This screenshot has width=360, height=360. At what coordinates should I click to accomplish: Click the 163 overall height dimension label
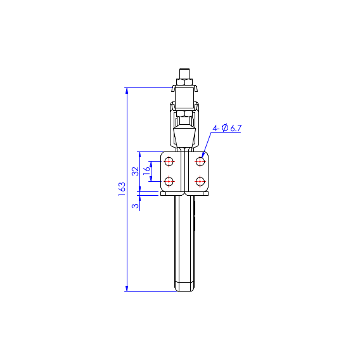tap(122, 189)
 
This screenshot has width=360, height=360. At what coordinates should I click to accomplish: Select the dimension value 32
tap(136, 171)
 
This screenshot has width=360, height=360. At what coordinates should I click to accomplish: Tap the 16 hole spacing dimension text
tap(146, 171)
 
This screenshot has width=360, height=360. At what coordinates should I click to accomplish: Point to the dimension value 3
tap(136, 205)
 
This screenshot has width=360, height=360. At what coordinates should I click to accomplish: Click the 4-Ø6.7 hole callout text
tap(227, 128)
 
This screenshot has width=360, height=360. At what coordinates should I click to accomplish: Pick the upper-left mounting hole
tap(169, 162)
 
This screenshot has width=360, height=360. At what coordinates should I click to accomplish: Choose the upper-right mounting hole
tap(200, 162)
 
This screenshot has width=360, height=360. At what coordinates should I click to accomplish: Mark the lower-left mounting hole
tap(169, 182)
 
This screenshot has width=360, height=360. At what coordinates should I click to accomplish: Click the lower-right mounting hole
tap(200, 182)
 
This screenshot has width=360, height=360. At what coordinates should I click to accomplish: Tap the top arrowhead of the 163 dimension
tap(127, 91)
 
